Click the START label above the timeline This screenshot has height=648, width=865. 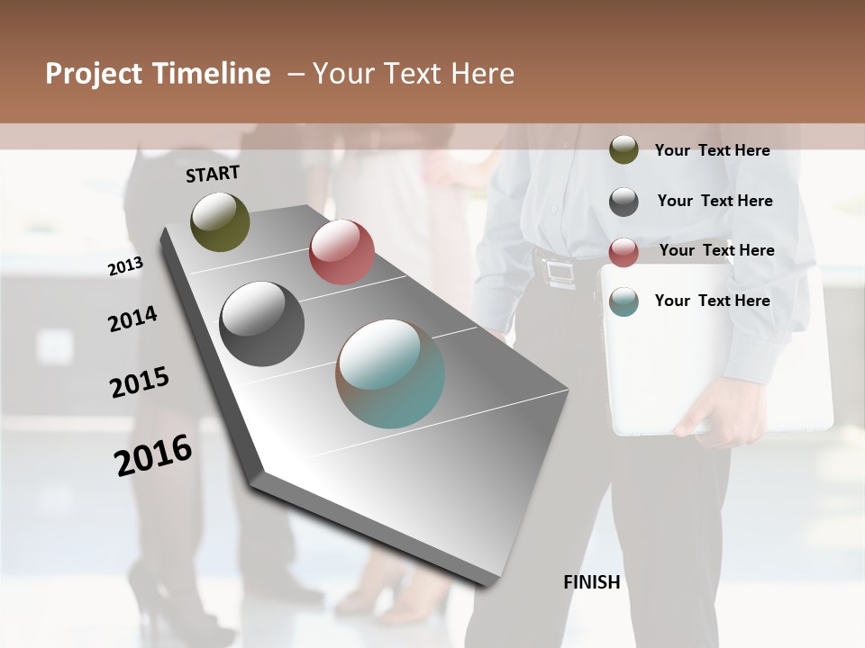click(213, 174)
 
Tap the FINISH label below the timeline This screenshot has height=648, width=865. click(591, 582)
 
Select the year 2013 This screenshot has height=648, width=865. click(125, 266)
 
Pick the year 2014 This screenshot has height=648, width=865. click(132, 319)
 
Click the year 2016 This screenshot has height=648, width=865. click(153, 455)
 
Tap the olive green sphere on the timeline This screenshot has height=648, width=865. click(220, 221)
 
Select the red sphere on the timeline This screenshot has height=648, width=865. click(341, 252)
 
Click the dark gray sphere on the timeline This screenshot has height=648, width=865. click(261, 323)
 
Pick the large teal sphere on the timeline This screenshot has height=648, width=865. click(390, 373)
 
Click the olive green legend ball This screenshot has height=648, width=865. click(624, 149)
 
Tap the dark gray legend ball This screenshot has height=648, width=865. click(624, 201)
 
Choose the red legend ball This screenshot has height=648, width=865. click(624, 251)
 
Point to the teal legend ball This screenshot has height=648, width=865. click(624, 301)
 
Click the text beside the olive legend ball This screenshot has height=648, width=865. click(712, 150)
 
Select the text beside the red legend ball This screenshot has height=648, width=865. click(716, 250)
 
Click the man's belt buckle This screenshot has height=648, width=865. click(560, 270)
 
